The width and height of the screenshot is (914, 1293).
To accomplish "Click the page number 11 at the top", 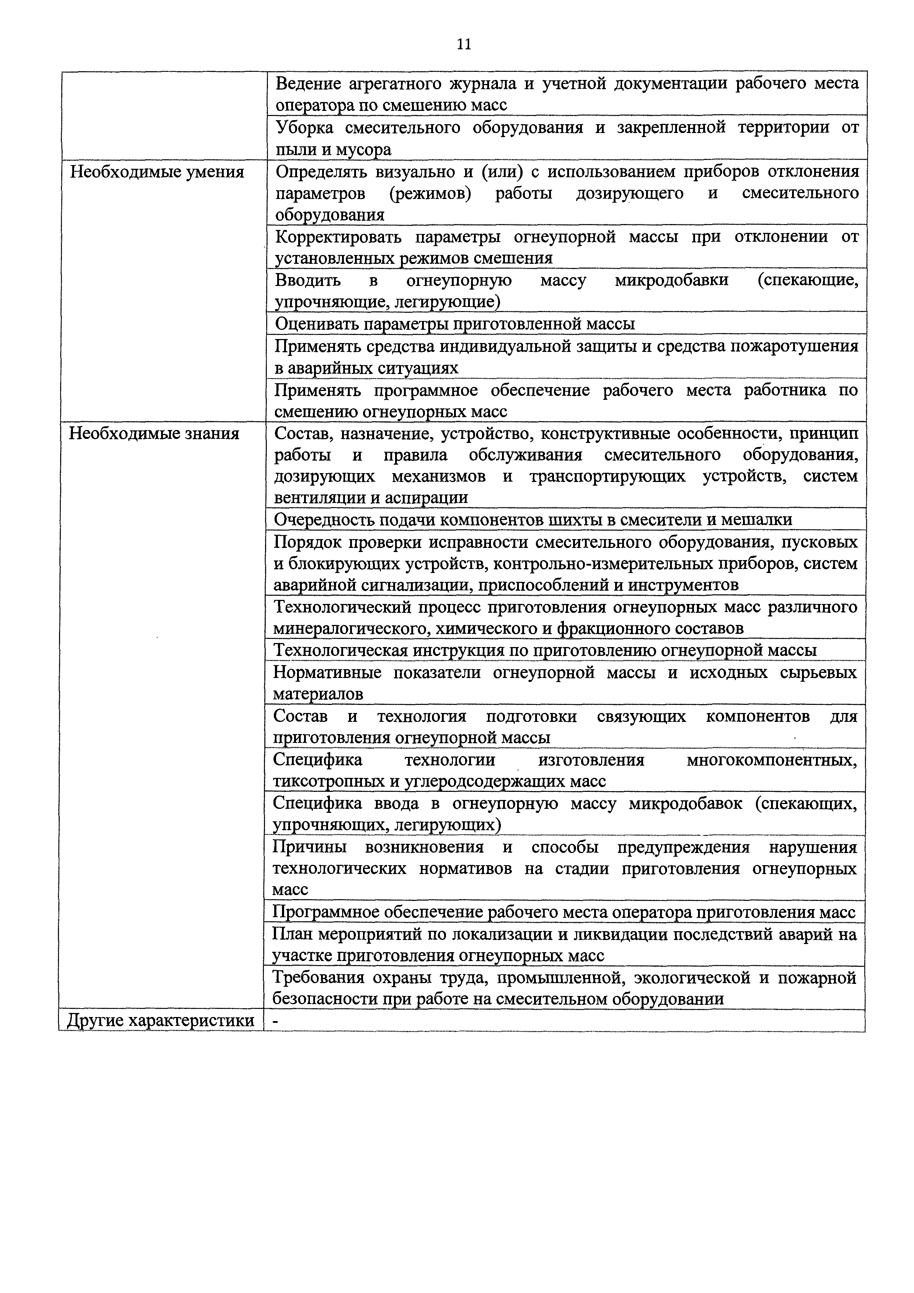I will pos(464,45).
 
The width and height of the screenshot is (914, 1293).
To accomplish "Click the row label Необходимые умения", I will pos(157,172).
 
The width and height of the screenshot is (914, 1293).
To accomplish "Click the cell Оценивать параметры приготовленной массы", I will pos(454,324).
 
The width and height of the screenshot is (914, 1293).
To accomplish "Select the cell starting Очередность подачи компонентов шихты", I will pos(532,519).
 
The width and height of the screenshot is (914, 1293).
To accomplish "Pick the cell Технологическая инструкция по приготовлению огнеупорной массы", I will pos(545,650).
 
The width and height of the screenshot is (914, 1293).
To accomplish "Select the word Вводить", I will pos(307,280).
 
